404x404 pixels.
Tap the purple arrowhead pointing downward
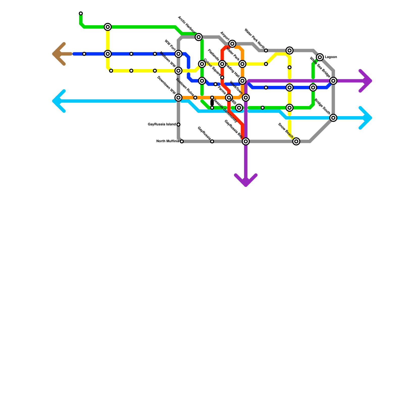246,183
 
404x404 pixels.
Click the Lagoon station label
331,57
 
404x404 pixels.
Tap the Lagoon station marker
320,57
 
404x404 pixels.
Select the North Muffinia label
168,141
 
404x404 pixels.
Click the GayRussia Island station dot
179,124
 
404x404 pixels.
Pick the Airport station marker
232,44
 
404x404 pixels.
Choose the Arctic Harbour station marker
199,37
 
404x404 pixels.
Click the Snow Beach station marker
296,141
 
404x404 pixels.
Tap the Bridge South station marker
334,118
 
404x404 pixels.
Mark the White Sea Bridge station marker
334,81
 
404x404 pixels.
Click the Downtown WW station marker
179,97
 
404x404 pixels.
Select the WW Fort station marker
179,54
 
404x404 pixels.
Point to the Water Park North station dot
266,50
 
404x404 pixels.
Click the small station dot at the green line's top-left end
81,13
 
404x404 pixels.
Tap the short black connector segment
212,103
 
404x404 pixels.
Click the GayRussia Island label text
162,124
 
